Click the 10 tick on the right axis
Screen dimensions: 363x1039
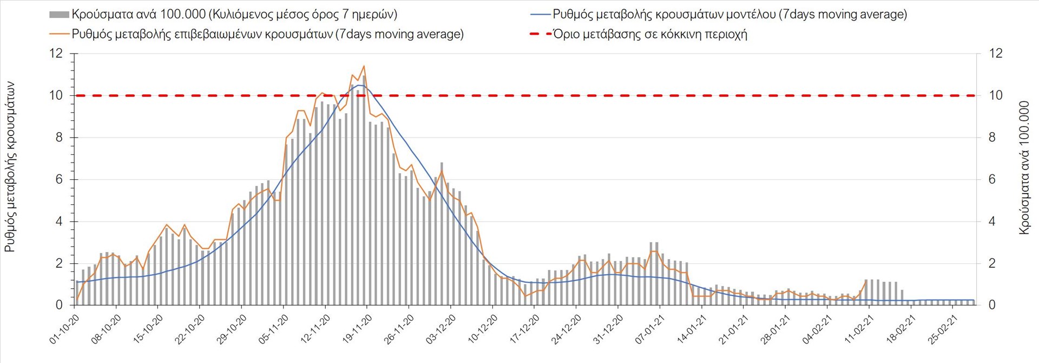(x=996, y=95)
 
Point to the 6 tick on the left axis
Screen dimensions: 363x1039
(x=59, y=179)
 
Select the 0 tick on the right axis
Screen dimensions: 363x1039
(x=992, y=306)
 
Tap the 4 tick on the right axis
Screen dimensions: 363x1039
(x=992, y=222)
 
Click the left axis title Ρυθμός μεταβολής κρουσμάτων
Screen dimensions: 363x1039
(x=10, y=167)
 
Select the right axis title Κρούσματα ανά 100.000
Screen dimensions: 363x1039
(x=1024, y=167)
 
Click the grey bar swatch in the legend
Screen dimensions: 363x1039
(x=59, y=15)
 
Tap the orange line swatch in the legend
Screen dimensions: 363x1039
(x=59, y=34)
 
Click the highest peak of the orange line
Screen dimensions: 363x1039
(x=364, y=66)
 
